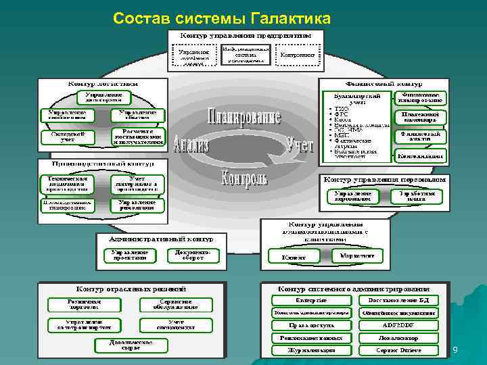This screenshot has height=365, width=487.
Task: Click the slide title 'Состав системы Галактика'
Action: pyautogui.click(x=222, y=16)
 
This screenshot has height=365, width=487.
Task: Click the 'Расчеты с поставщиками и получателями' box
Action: pyautogui.click(x=138, y=137)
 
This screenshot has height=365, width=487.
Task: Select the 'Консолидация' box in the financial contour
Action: pyautogui.click(x=420, y=155)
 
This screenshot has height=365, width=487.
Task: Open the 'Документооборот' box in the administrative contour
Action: pyautogui.click(x=189, y=255)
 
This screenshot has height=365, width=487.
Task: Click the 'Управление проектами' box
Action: pyautogui.click(x=129, y=255)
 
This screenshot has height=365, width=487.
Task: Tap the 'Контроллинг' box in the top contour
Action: pyautogui.click(x=298, y=55)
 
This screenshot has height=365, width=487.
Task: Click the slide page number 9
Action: pyautogui.click(x=455, y=349)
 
